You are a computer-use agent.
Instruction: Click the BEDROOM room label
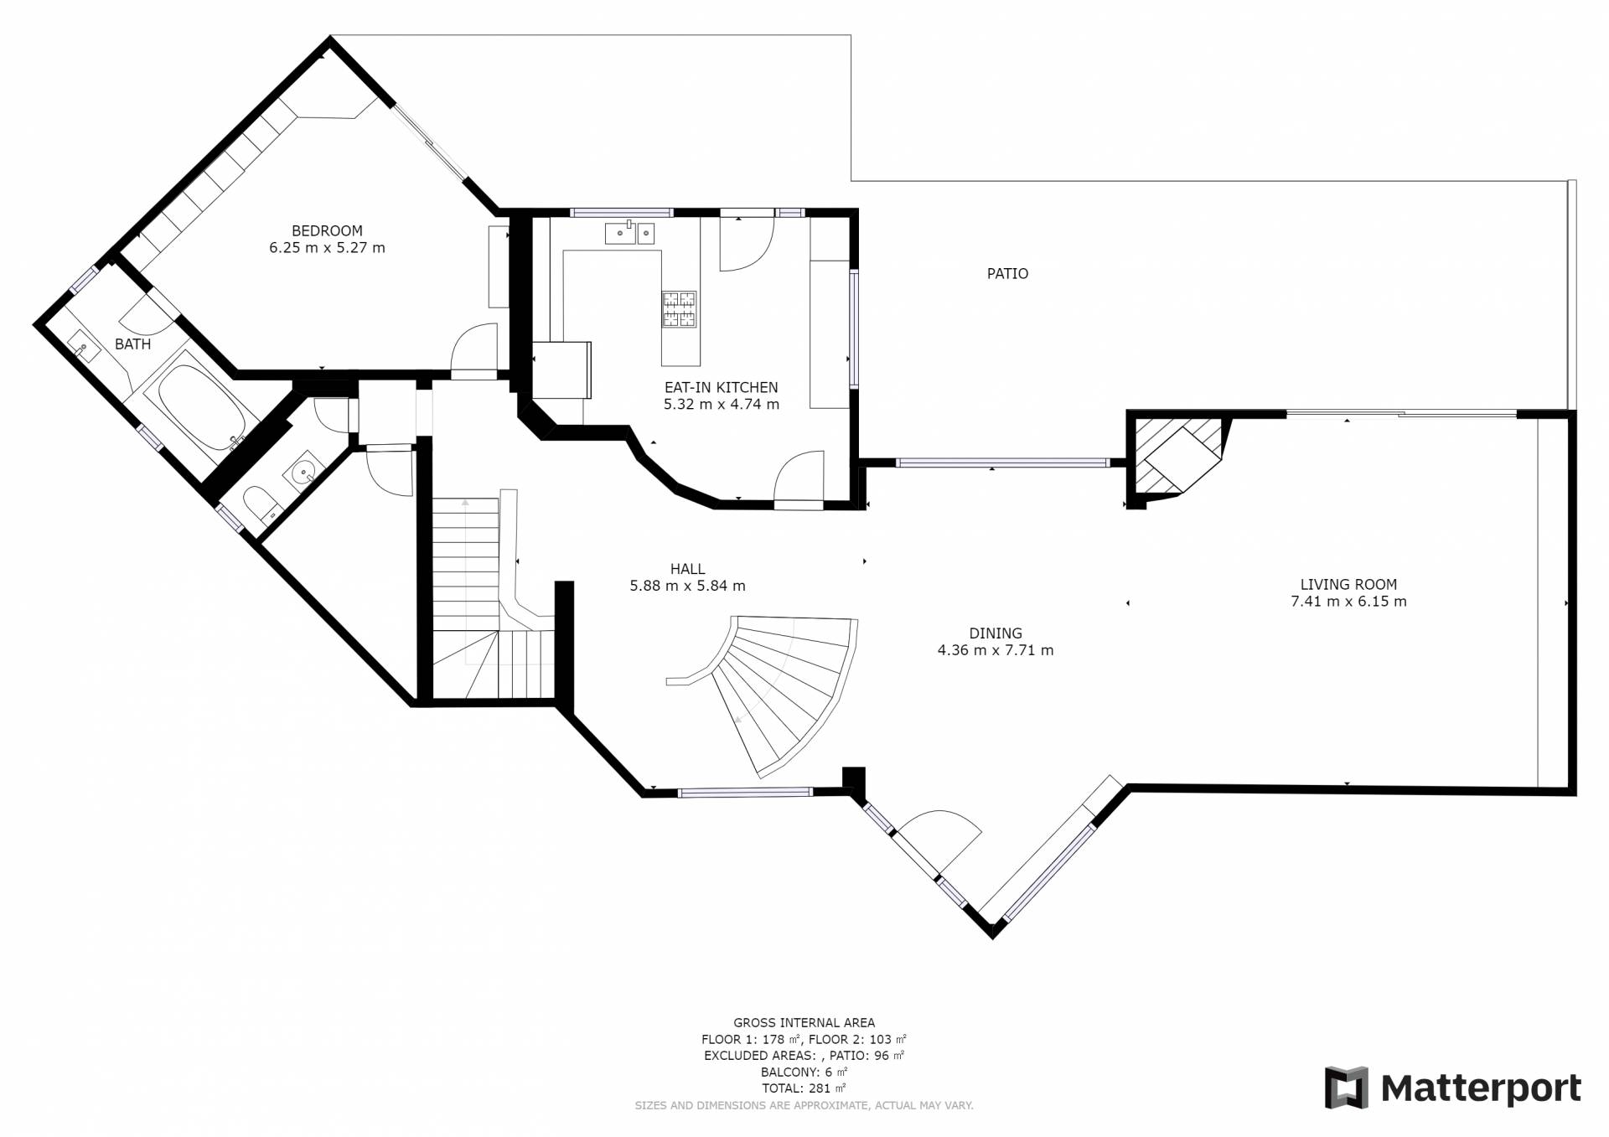[327, 231]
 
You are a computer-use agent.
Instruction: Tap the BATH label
[133, 344]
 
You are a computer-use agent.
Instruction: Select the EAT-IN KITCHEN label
[722, 388]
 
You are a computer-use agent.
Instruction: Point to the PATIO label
[1007, 274]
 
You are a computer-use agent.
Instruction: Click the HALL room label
[687, 570]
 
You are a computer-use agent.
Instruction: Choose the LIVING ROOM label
[1348, 585]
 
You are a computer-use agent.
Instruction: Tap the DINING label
[996, 633]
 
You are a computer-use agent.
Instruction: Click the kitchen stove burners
[679, 308]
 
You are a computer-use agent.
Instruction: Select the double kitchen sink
[629, 233]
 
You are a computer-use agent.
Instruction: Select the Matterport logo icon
[1346, 1088]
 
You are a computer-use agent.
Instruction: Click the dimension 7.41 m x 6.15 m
[1348, 602]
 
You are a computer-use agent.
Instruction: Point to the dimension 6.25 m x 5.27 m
[327, 248]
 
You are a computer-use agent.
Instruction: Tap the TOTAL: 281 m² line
[804, 1088]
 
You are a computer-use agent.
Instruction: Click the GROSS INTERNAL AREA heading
[804, 1022]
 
